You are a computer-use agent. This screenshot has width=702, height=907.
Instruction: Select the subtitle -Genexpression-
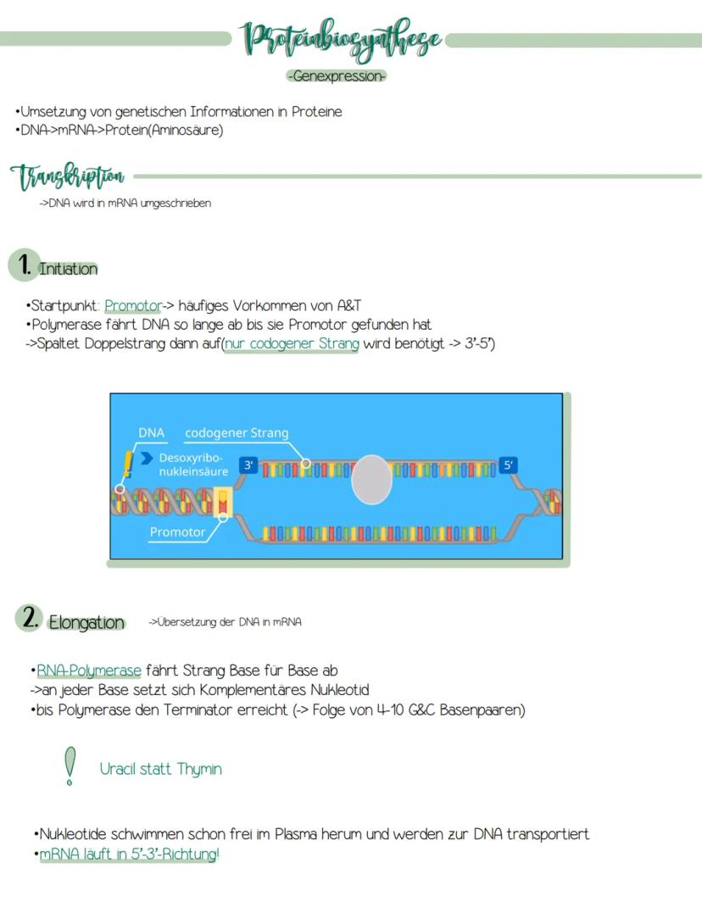337,76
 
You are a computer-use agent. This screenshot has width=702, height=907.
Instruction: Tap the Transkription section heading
68,177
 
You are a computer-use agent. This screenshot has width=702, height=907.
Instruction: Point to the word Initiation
68,269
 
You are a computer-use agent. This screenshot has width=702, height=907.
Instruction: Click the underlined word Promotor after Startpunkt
132,305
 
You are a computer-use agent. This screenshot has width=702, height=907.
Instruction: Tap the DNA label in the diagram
151,432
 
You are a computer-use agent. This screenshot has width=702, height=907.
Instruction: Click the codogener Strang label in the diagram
237,432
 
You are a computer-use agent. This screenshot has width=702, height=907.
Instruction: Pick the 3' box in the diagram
248,465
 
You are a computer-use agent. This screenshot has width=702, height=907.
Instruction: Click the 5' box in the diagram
507,465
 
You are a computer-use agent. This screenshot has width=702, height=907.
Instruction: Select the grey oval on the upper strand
371,479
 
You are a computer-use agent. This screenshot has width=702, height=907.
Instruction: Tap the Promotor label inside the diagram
177,532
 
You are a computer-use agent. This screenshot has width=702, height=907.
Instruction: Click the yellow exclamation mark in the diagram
128,464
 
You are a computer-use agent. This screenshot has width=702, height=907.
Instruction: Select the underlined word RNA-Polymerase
89,671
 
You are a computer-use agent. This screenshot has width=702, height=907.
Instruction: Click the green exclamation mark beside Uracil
70,765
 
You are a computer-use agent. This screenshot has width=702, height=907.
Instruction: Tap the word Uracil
119,769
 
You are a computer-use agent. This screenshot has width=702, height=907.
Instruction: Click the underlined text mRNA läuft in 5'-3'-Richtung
128,854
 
